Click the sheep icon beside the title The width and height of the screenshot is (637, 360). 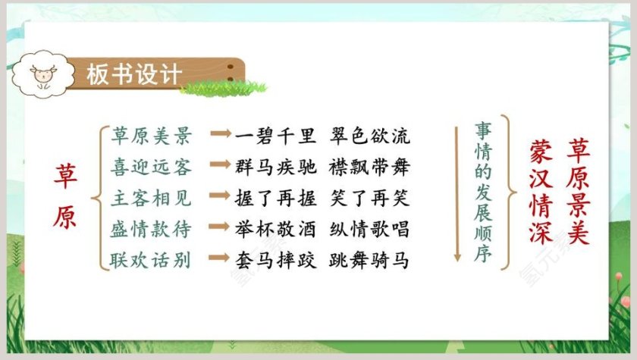point(42,74)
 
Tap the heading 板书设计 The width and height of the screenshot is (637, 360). point(133,74)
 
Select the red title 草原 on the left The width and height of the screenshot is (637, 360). point(64,196)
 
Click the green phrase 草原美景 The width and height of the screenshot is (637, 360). point(152,136)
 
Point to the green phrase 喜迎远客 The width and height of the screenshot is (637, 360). point(152,167)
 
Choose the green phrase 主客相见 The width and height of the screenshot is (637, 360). point(152,199)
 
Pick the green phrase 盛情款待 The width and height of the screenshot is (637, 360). point(152,230)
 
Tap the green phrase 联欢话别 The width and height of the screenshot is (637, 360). point(152,261)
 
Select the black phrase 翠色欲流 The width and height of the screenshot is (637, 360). point(370,136)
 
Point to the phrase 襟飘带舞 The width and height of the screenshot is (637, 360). point(370,167)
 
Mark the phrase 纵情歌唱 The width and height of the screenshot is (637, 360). point(370,230)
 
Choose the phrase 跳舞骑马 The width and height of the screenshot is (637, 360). point(370,261)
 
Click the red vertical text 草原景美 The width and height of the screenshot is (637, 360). point(579,190)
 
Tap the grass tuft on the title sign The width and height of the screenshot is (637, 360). point(224,87)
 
